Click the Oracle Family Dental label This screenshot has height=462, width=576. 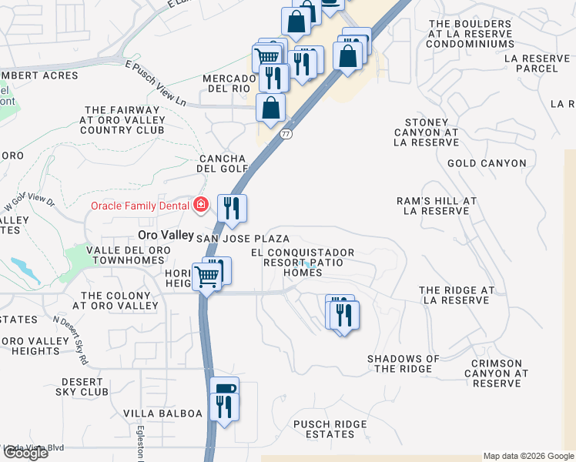point(142,205)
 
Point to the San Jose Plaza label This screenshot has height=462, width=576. point(243,239)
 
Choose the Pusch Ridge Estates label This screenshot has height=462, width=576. point(330,429)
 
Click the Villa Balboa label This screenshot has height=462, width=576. point(162,413)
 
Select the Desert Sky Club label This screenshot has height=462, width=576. point(82,387)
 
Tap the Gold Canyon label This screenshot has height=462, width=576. point(487,163)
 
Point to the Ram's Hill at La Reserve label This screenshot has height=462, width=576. point(437,206)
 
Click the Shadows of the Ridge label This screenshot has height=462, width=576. point(404,363)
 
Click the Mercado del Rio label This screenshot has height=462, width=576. point(229,83)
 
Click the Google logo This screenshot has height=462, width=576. point(25,453)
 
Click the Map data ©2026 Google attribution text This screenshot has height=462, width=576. point(528,456)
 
